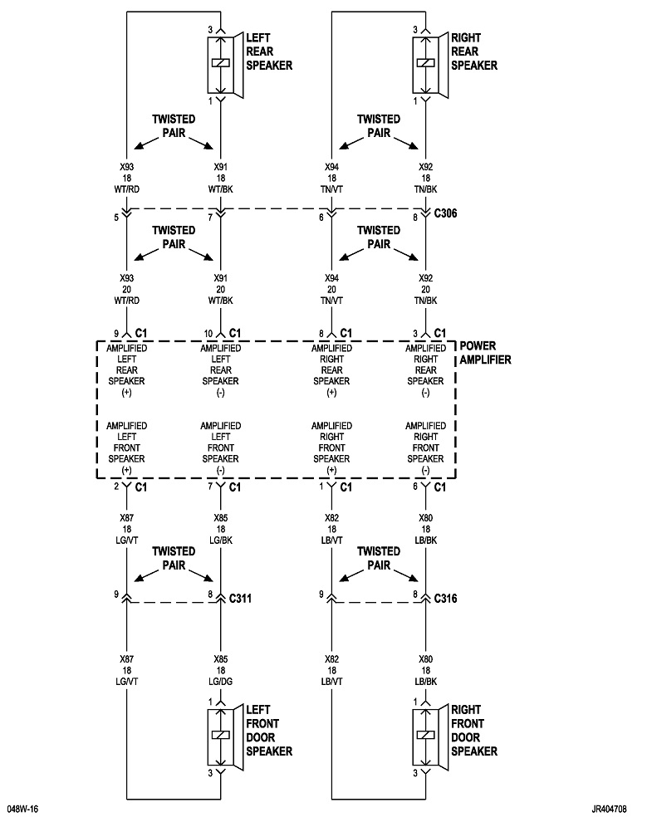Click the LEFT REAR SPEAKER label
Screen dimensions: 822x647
coord(268,51)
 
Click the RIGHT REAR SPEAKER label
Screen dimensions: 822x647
coord(473,51)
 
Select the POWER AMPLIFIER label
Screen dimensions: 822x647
coord(485,353)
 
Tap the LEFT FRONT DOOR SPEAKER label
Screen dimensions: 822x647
coord(268,731)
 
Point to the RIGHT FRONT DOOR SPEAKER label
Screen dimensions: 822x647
coord(473,731)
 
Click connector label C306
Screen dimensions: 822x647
coord(446,214)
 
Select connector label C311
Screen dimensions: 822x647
coord(242,597)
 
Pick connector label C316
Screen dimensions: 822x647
coord(447,597)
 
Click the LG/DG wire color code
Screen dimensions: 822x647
coord(220,681)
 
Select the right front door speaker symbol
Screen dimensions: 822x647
coord(427,735)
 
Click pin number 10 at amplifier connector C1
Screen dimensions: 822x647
coord(208,332)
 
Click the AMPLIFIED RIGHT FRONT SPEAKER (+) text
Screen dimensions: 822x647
coord(331,448)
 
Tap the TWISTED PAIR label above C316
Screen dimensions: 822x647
coord(379,557)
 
